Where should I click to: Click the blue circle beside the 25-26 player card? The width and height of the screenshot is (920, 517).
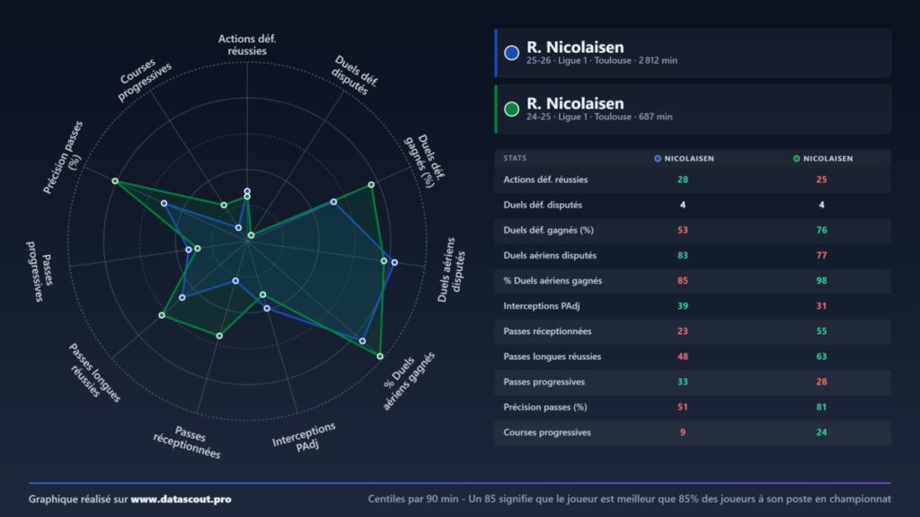(511, 53)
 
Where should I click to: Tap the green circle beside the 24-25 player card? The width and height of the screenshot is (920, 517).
(511, 109)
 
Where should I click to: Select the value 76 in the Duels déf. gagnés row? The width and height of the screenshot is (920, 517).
(821, 230)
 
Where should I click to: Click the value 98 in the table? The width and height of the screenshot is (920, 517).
(821, 280)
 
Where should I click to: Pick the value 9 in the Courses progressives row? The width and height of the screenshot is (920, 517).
(683, 432)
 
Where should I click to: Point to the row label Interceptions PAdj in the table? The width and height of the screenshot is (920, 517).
(542, 306)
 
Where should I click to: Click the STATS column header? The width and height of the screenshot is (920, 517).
(515, 158)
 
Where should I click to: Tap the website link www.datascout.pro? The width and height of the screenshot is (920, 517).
(181, 499)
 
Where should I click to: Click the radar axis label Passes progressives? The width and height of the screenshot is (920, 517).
(40, 271)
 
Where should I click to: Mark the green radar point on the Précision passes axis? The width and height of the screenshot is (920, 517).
(116, 181)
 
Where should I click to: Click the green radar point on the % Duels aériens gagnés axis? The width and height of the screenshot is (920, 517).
(380, 355)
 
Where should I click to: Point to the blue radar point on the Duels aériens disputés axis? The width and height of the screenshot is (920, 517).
(394, 263)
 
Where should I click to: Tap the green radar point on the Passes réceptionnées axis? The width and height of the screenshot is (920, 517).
(219, 336)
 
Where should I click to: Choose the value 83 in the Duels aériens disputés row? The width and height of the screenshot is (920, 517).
(683, 255)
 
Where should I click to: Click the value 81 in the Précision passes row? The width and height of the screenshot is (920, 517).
(821, 407)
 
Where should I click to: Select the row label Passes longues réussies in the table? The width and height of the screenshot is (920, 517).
(553, 356)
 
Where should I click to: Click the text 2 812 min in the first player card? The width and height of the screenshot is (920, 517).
(658, 60)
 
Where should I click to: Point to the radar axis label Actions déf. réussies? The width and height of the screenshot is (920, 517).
(247, 45)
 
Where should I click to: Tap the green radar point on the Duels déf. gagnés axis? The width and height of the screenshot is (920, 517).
(371, 185)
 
